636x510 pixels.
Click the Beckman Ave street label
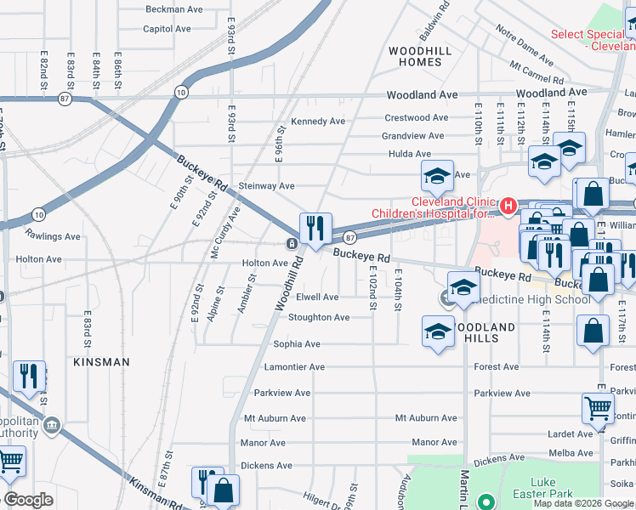click(x=173, y=9)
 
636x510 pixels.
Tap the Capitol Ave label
click(x=167, y=28)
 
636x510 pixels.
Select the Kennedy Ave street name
click(x=318, y=122)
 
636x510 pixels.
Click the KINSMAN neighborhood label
click(x=101, y=362)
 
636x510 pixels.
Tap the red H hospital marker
click(x=508, y=206)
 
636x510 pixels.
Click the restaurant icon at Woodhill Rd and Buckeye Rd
click(x=315, y=229)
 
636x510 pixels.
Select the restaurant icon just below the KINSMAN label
click(x=29, y=377)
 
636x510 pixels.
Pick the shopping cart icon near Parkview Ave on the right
click(x=598, y=409)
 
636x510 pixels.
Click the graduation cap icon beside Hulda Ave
click(x=437, y=177)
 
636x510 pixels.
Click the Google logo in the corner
click(x=28, y=500)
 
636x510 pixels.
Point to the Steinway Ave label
click(x=266, y=186)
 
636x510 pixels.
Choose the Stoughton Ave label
click(x=319, y=318)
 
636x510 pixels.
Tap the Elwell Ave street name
click(x=317, y=297)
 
